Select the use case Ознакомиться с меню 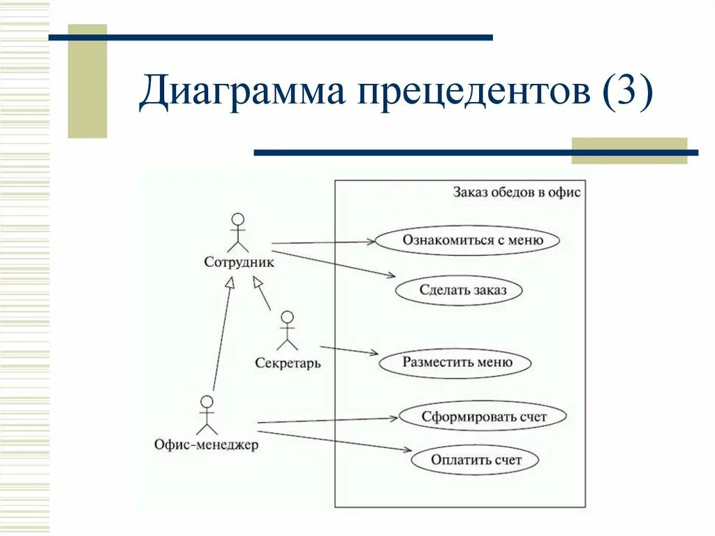[x=467, y=240]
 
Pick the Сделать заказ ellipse [x=459, y=290]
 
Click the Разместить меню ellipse [x=455, y=363]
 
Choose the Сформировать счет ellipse [x=482, y=417]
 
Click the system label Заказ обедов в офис [x=517, y=192]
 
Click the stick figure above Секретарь [x=287, y=331]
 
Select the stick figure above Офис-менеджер [x=206, y=415]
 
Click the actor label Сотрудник [x=239, y=263]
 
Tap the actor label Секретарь [x=288, y=363]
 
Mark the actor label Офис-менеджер [x=206, y=444]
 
